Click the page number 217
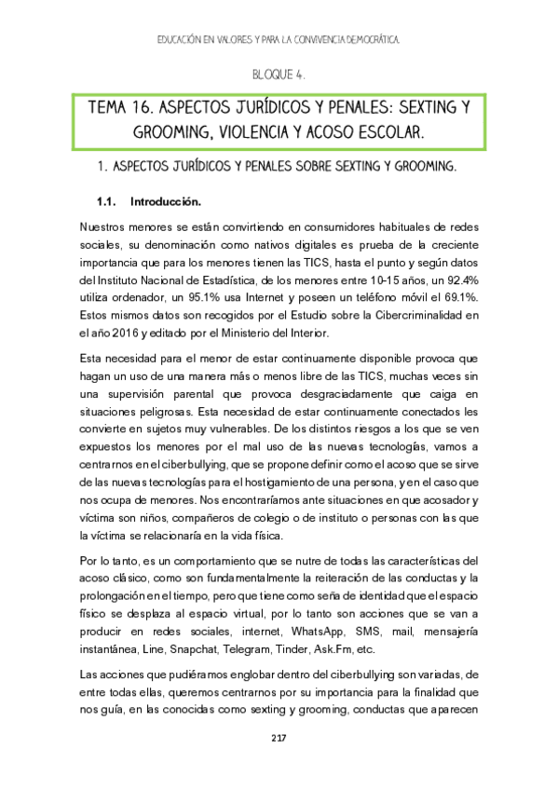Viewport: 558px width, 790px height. (279, 738)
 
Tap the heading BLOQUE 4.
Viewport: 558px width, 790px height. (279, 74)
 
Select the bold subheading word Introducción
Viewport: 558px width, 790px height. (166, 201)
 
